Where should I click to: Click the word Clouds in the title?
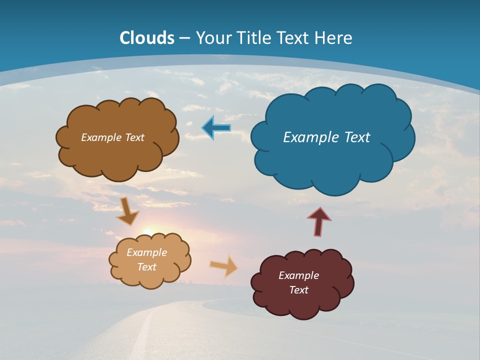(x=147, y=38)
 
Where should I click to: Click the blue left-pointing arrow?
(x=216, y=128)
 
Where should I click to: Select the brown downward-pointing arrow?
(x=127, y=211)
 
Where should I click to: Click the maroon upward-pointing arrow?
(x=319, y=221)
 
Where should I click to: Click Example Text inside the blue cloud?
(x=326, y=137)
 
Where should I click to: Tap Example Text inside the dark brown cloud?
(x=112, y=137)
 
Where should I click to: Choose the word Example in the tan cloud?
(x=146, y=252)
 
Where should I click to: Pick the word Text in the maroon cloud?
(x=298, y=290)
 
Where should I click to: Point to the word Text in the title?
(x=293, y=38)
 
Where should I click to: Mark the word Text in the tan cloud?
(x=146, y=267)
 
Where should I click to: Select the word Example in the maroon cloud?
(x=298, y=275)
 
